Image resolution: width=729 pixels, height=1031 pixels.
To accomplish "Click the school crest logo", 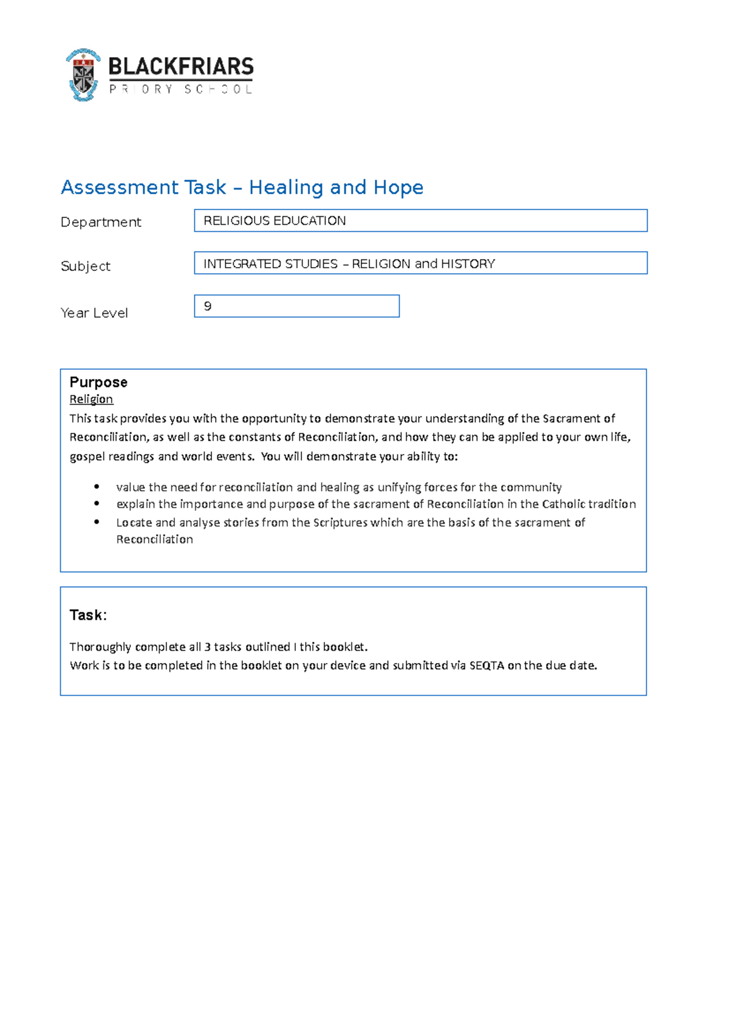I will click(x=83, y=75).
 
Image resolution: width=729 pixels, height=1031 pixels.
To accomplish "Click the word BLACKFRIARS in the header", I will click(x=180, y=66).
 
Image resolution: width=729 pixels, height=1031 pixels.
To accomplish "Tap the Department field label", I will click(x=101, y=222).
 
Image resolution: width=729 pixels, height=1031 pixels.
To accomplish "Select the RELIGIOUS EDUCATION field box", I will click(x=420, y=220).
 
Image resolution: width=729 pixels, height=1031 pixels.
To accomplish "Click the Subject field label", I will click(x=86, y=266).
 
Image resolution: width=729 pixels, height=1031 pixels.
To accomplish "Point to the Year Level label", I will click(x=94, y=313).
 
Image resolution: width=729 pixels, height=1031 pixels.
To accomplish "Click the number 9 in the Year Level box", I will click(x=208, y=306).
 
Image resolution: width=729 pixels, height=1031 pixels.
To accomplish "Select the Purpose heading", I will click(x=98, y=382).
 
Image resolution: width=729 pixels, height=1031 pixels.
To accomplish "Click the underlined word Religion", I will click(x=91, y=399).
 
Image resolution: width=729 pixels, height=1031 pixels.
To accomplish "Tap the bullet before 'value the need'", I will click(x=97, y=486).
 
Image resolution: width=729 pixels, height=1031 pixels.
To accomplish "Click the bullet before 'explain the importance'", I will click(x=97, y=503).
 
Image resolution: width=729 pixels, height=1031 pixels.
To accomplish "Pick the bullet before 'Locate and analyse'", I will click(x=97, y=522).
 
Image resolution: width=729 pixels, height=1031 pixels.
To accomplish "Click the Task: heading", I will click(x=88, y=615).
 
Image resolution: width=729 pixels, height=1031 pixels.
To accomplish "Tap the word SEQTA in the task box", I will click(x=487, y=665).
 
